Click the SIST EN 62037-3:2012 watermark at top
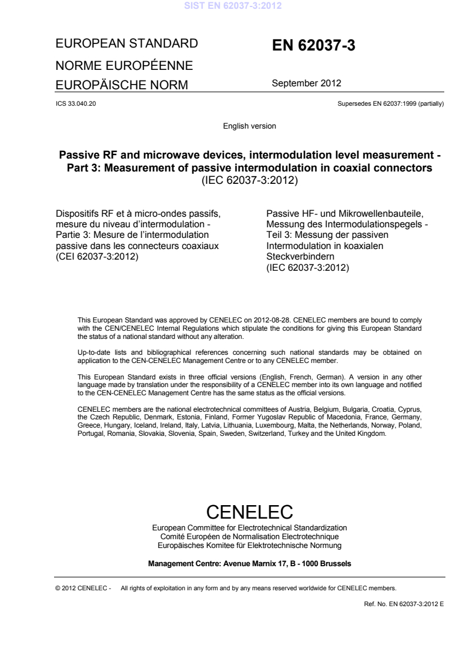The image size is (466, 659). (233, 7)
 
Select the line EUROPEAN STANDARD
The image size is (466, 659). (125, 43)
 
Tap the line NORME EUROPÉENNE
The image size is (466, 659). (125, 64)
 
